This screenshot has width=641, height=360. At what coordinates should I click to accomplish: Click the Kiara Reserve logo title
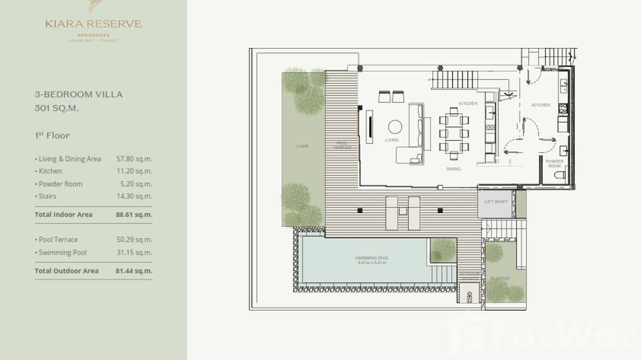pos(94,24)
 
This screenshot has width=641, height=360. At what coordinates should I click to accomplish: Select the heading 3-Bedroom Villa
pos(78,95)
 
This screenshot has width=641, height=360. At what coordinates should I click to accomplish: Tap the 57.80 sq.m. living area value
pos(134,159)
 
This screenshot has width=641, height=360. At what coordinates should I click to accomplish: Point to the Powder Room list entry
pos(60,184)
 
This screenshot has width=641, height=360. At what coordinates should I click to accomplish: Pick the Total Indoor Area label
pos(64,214)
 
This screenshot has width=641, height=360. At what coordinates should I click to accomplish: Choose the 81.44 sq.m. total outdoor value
pos(134,271)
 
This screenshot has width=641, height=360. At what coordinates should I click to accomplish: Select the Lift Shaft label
pos(496,201)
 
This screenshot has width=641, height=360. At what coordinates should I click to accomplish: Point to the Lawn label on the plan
pos(302,146)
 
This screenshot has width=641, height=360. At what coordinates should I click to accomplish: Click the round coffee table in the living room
pos(395,127)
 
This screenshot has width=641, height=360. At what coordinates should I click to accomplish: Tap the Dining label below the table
pos(453,169)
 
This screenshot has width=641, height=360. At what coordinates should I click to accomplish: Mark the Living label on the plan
pos(392,140)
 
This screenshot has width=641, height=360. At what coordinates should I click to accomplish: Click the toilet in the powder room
pos(560,175)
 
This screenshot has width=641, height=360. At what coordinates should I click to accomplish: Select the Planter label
pos(500,278)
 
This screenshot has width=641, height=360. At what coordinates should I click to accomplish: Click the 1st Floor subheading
pos(52,136)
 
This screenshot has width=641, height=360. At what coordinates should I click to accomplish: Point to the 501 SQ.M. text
pos(57,108)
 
